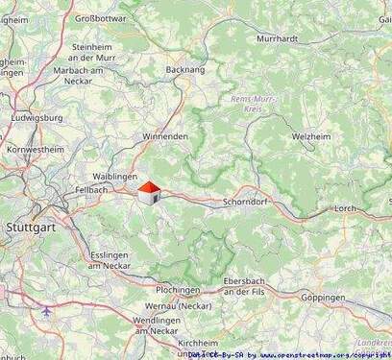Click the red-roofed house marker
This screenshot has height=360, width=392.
pyautogui.click(x=149, y=194)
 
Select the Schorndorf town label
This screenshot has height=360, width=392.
pyautogui.click(x=244, y=203)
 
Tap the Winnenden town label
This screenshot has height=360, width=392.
pyautogui.click(x=164, y=136)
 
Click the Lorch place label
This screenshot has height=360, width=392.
pyautogui.click(x=371, y=207)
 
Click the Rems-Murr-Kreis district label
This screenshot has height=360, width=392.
pyautogui.click(x=255, y=104)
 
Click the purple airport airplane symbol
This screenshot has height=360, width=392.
pyautogui.click(x=48, y=311)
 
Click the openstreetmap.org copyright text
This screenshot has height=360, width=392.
pyautogui.click(x=318, y=354)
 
